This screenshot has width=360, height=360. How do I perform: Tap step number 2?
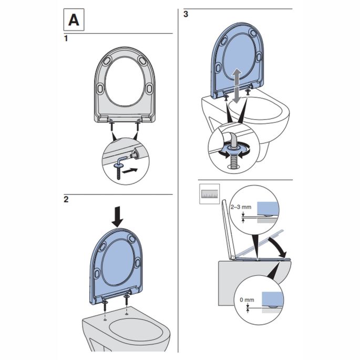66,200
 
